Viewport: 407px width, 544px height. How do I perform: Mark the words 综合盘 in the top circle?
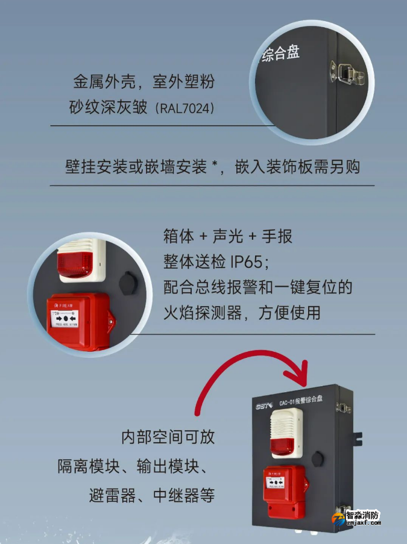coord(281,55)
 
